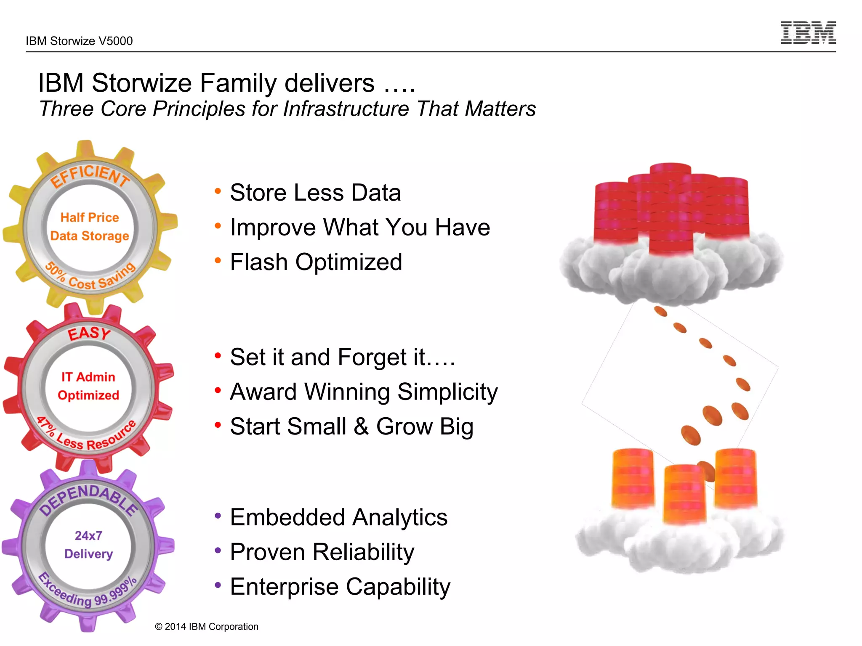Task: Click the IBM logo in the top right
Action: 808,33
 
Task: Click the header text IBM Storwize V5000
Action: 79,41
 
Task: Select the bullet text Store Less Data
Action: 315,193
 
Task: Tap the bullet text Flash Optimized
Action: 316,262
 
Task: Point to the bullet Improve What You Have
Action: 360,228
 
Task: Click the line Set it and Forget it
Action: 342,357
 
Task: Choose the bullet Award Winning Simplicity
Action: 364,392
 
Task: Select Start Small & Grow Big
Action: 352,426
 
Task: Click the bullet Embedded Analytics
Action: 338,517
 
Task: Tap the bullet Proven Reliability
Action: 322,552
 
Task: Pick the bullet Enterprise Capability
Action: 340,587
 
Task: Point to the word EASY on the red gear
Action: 89,334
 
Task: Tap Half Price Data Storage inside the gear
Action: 90,227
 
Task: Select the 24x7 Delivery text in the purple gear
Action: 88,545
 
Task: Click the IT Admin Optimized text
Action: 88,386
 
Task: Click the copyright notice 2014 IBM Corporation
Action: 207,627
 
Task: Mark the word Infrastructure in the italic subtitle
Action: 346,109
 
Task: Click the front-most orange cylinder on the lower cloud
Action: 684,494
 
